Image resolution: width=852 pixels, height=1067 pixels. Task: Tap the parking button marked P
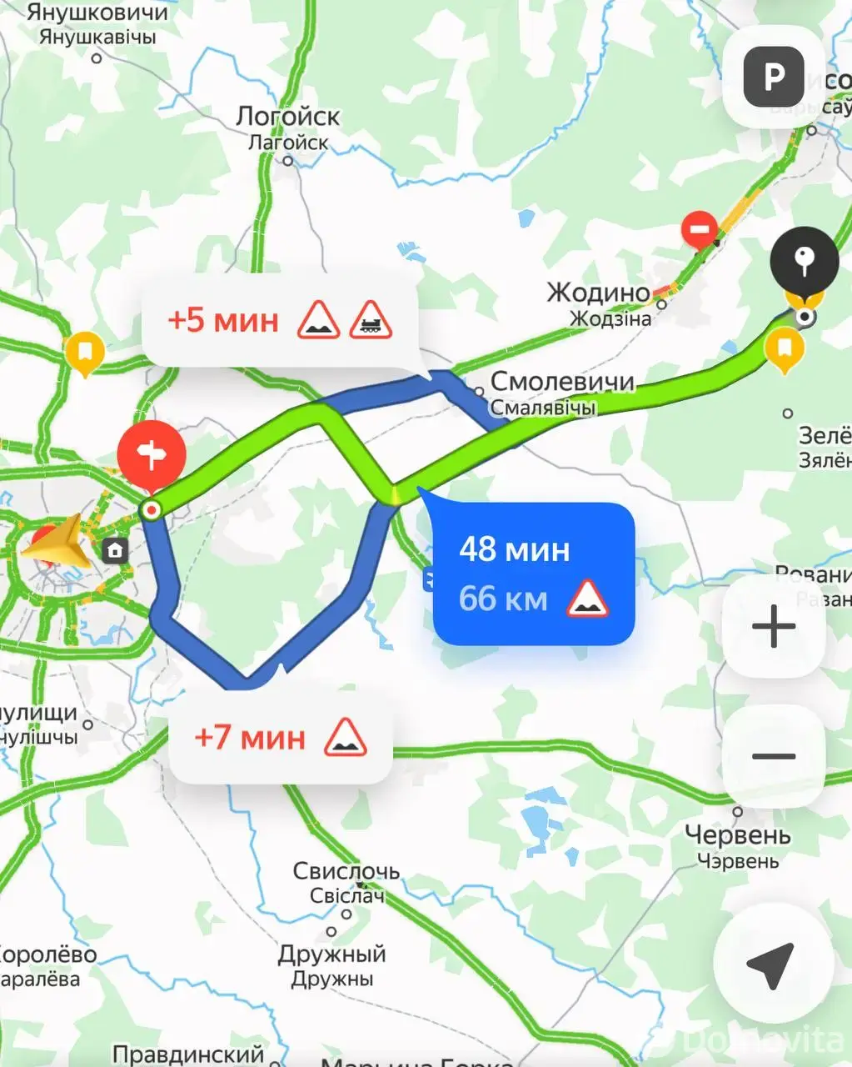click(x=774, y=78)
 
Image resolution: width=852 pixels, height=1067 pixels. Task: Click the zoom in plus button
click(x=774, y=626)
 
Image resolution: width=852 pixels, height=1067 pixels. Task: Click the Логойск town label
click(x=287, y=117)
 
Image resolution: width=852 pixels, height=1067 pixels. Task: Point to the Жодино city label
click(x=598, y=293)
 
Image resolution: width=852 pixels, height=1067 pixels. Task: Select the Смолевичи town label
click(x=562, y=382)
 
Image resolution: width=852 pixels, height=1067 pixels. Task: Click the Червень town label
click(x=737, y=834)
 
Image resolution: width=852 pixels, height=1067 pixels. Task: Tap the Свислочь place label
click(x=346, y=872)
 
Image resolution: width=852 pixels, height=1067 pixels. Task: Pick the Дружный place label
click(x=331, y=954)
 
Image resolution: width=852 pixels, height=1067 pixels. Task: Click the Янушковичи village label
click(x=97, y=13)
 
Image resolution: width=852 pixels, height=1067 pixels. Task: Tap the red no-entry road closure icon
click(x=700, y=228)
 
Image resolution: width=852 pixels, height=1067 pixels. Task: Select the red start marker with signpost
click(x=152, y=455)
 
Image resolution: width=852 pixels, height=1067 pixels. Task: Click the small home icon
click(x=115, y=550)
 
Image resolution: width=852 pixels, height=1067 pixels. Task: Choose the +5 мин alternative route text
click(x=223, y=320)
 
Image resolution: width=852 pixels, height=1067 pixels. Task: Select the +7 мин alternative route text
click(x=250, y=738)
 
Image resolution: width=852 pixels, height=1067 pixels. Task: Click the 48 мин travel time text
click(x=514, y=549)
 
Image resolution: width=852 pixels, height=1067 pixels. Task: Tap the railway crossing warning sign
click(x=370, y=320)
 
